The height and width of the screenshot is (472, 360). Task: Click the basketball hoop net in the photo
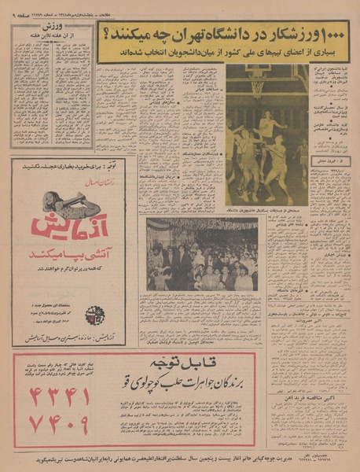257,84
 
